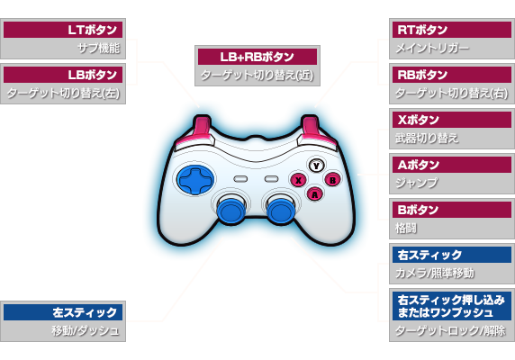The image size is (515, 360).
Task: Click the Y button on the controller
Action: [316, 166]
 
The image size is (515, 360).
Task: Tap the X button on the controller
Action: [298, 180]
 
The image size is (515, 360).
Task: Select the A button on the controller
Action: [315, 194]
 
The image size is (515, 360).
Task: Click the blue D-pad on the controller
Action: [195, 180]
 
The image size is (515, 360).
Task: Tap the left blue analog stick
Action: [231, 210]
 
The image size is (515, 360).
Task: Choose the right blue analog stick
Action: [280, 210]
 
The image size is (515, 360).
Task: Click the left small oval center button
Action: [240, 179]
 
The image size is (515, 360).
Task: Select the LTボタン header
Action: [63, 30]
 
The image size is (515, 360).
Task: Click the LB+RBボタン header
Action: [257, 57]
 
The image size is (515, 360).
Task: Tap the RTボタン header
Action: [452, 30]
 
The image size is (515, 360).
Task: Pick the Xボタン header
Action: [452, 120]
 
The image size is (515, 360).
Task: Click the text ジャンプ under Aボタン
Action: [417, 183]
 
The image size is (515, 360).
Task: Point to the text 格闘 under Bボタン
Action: [406, 228]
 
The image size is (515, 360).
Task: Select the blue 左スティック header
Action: [63, 312]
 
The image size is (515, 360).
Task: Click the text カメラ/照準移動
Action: [435, 273]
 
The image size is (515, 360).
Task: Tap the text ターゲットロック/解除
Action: [450, 330]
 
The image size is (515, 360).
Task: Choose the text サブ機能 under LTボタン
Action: [98, 49]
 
